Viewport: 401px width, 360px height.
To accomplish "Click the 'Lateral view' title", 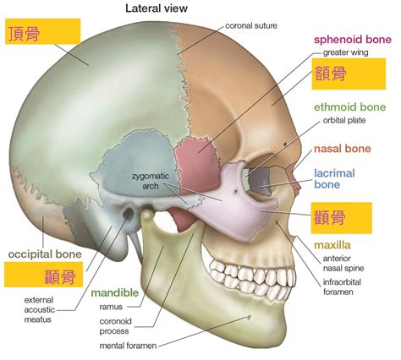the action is [x=157, y=8].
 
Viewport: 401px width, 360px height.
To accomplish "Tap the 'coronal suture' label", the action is [x=251, y=25].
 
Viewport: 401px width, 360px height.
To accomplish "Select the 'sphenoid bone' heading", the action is [x=353, y=40].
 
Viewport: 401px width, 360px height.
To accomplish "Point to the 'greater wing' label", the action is [x=345, y=52].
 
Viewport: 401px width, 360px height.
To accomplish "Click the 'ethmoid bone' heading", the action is [x=349, y=107].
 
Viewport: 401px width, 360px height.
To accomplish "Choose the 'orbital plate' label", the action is [x=344, y=121].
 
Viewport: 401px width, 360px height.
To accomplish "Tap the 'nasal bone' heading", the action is [x=343, y=149].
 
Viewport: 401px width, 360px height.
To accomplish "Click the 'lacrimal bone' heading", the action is [x=334, y=179].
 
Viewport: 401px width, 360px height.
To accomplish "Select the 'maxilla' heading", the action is [x=332, y=245].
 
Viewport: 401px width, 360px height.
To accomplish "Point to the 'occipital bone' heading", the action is [x=45, y=254].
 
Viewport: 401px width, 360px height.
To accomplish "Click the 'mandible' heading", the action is [x=115, y=293].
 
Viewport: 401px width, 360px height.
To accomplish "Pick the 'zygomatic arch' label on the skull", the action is [x=151, y=181].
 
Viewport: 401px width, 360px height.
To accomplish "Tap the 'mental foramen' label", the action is [x=128, y=346].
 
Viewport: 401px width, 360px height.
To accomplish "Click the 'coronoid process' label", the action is [x=116, y=326].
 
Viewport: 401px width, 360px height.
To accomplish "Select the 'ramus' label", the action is [x=111, y=307].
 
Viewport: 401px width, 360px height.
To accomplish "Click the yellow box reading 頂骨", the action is [x=43, y=31].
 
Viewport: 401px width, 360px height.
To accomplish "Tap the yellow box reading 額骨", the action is [x=349, y=74].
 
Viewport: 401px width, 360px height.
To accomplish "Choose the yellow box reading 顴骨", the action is [x=342, y=218].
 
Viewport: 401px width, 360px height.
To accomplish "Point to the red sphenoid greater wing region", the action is [x=197, y=165].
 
